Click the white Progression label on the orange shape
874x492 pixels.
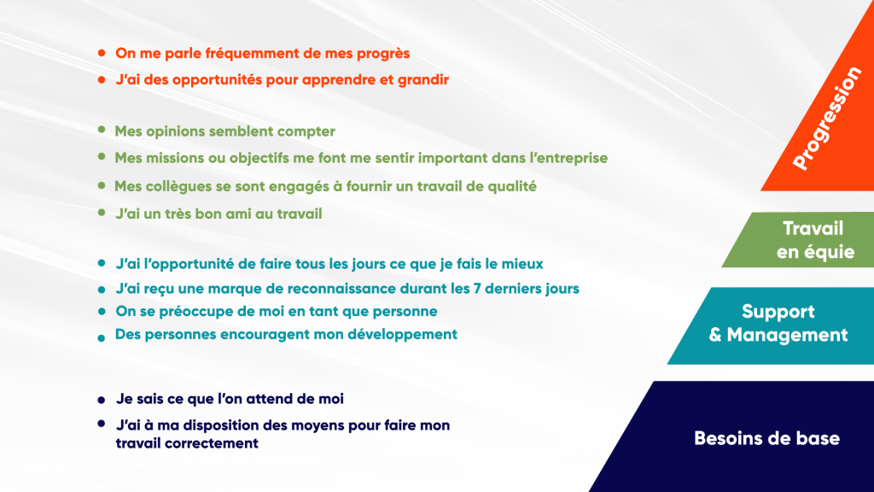[x=827, y=118]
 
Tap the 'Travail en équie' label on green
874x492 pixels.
[x=815, y=240]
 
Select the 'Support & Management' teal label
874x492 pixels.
[x=778, y=323]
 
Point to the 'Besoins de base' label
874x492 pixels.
[x=766, y=438]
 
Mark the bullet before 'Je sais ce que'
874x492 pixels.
[x=101, y=400]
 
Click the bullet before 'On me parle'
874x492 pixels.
[x=102, y=54]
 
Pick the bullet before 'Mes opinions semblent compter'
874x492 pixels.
[x=102, y=130]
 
